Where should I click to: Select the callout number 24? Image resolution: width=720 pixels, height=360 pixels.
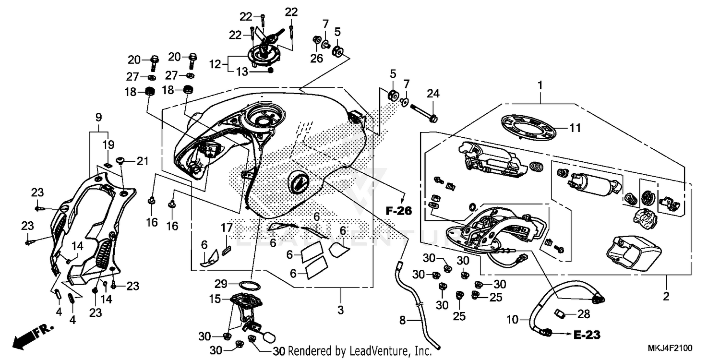[x=433, y=93]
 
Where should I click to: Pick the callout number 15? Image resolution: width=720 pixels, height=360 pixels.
[x=214, y=299]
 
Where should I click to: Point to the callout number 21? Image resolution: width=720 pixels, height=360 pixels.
[x=143, y=162]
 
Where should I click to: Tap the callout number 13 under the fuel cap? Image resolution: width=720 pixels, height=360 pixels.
[x=243, y=72]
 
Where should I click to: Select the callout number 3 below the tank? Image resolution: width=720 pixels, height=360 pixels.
[x=340, y=310]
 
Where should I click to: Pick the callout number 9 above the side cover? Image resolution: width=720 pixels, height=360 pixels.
[x=98, y=117]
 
